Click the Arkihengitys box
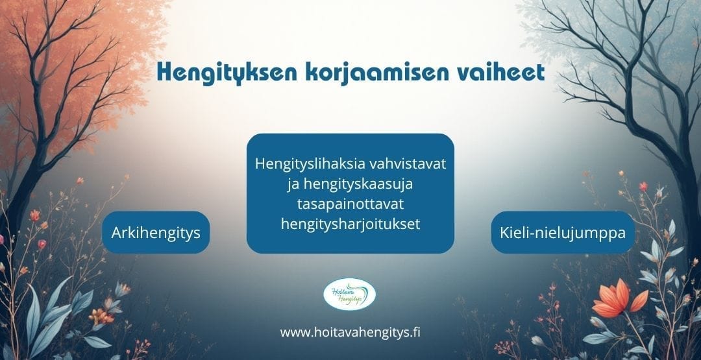pos(156,232)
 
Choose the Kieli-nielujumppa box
pos(563,232)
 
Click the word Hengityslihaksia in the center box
pos(311,164)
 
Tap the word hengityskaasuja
pos(357,184)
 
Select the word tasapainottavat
pos(350,204)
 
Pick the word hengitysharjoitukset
pos(350,224)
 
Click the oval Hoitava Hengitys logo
pos(350,294)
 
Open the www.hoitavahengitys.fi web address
pos(350,332)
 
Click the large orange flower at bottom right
pos(620,298)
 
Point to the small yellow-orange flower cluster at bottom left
pos(101,317)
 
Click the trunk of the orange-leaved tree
pos(25,187)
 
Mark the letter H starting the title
pos(166,72)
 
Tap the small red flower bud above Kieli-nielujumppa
pos(643,187)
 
